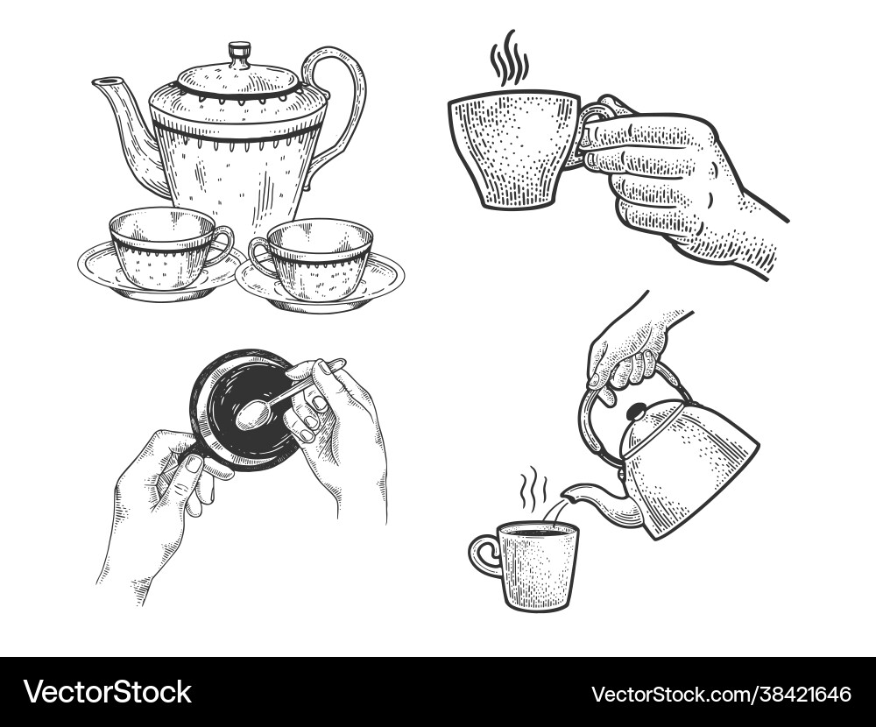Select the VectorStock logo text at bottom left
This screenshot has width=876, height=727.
click(x=107, y=692)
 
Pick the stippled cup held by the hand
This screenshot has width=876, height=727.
click(x=512, y=149)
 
